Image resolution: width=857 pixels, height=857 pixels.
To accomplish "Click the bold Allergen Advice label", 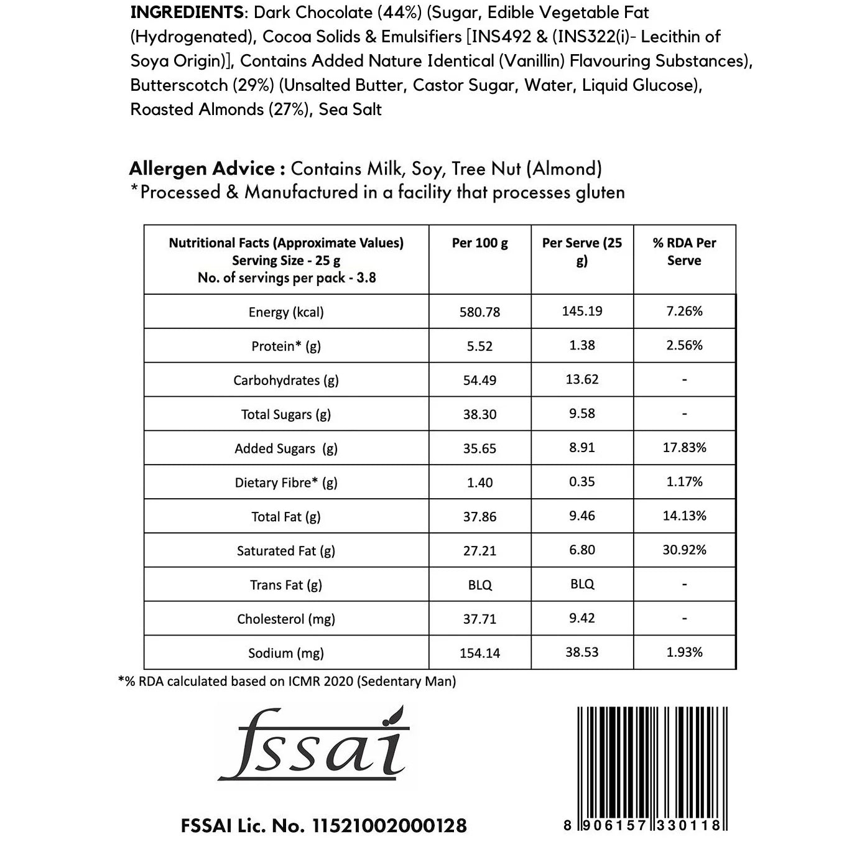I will (x=202, y=169).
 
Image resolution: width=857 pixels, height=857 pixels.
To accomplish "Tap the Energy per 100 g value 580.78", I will (x=479, y=312).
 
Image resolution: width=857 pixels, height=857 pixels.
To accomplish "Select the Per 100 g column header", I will (x=479, y=243).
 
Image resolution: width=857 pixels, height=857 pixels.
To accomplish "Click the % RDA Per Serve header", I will (x=684, y=251).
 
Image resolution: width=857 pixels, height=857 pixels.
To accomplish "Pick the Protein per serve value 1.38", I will (x=581, y=345).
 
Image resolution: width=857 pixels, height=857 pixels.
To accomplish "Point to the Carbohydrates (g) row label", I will (x=285, y=380).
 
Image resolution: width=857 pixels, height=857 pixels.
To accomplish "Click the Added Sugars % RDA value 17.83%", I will (x=684, y=448).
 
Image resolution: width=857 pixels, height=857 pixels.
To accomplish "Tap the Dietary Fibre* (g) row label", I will (x=285, y=483).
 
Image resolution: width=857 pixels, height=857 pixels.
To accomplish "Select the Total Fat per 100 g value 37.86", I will (x=479, y=517).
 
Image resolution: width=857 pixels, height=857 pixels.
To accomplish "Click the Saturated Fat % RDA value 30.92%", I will (x=684, y=550).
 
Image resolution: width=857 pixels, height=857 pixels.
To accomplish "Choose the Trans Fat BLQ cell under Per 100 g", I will (x=479, y=585).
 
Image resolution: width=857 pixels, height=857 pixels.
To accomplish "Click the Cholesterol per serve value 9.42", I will (x=581, y=618).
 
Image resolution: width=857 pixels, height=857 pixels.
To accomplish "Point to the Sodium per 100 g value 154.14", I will (x=479, y=653).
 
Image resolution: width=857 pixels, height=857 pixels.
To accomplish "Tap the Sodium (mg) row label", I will (x=285, y=653).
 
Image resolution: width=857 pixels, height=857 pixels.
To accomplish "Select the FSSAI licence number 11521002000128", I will (x=389, y=825).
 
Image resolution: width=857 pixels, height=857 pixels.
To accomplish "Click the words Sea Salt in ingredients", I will (x=350, y=109).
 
